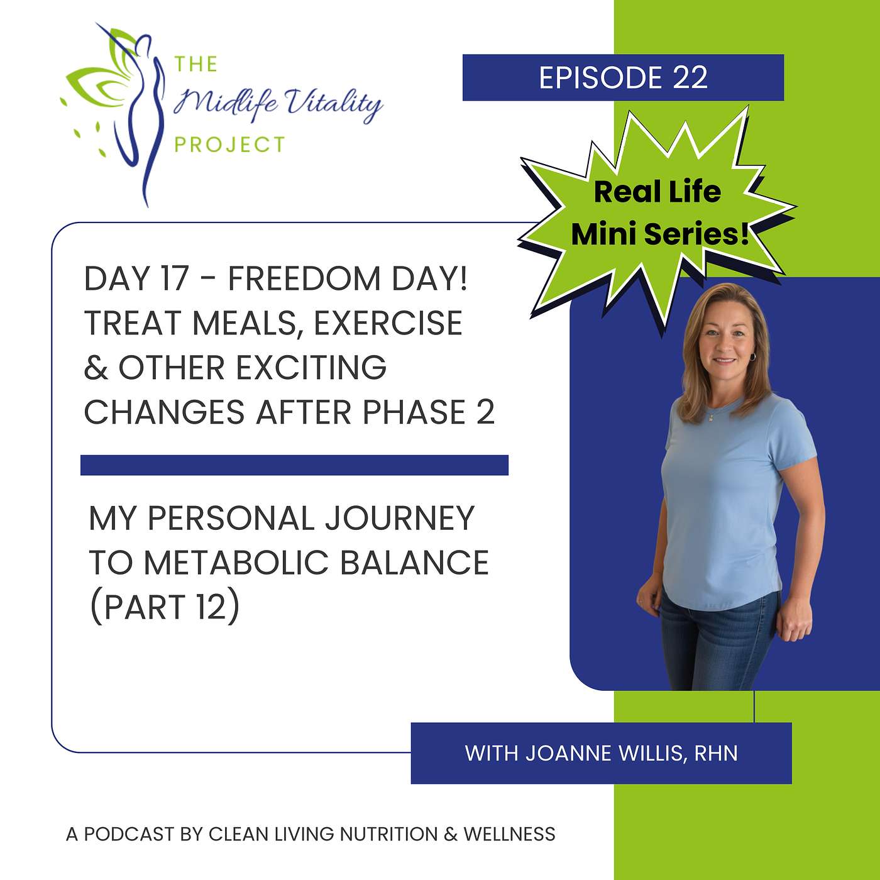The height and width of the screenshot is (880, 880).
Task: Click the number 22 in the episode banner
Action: [x=690, y=78]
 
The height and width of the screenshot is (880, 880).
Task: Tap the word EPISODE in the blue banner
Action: [x=600, y=78]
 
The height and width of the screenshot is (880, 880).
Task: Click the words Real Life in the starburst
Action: [x=657, y=192]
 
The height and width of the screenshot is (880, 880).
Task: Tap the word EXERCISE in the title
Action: [x=388, y=323]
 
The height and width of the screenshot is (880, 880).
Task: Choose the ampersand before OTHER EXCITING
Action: [x=95, y=368]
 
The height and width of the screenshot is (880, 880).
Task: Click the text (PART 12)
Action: [x=165, y=607]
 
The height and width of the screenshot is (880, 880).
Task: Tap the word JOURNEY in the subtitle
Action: [x=399, y=518]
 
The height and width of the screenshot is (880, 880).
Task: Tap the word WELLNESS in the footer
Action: [x=509, y=834]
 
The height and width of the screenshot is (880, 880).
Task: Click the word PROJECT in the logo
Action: [x=229, y=145]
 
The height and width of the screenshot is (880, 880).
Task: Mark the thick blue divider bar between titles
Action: [x=294, y=465]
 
